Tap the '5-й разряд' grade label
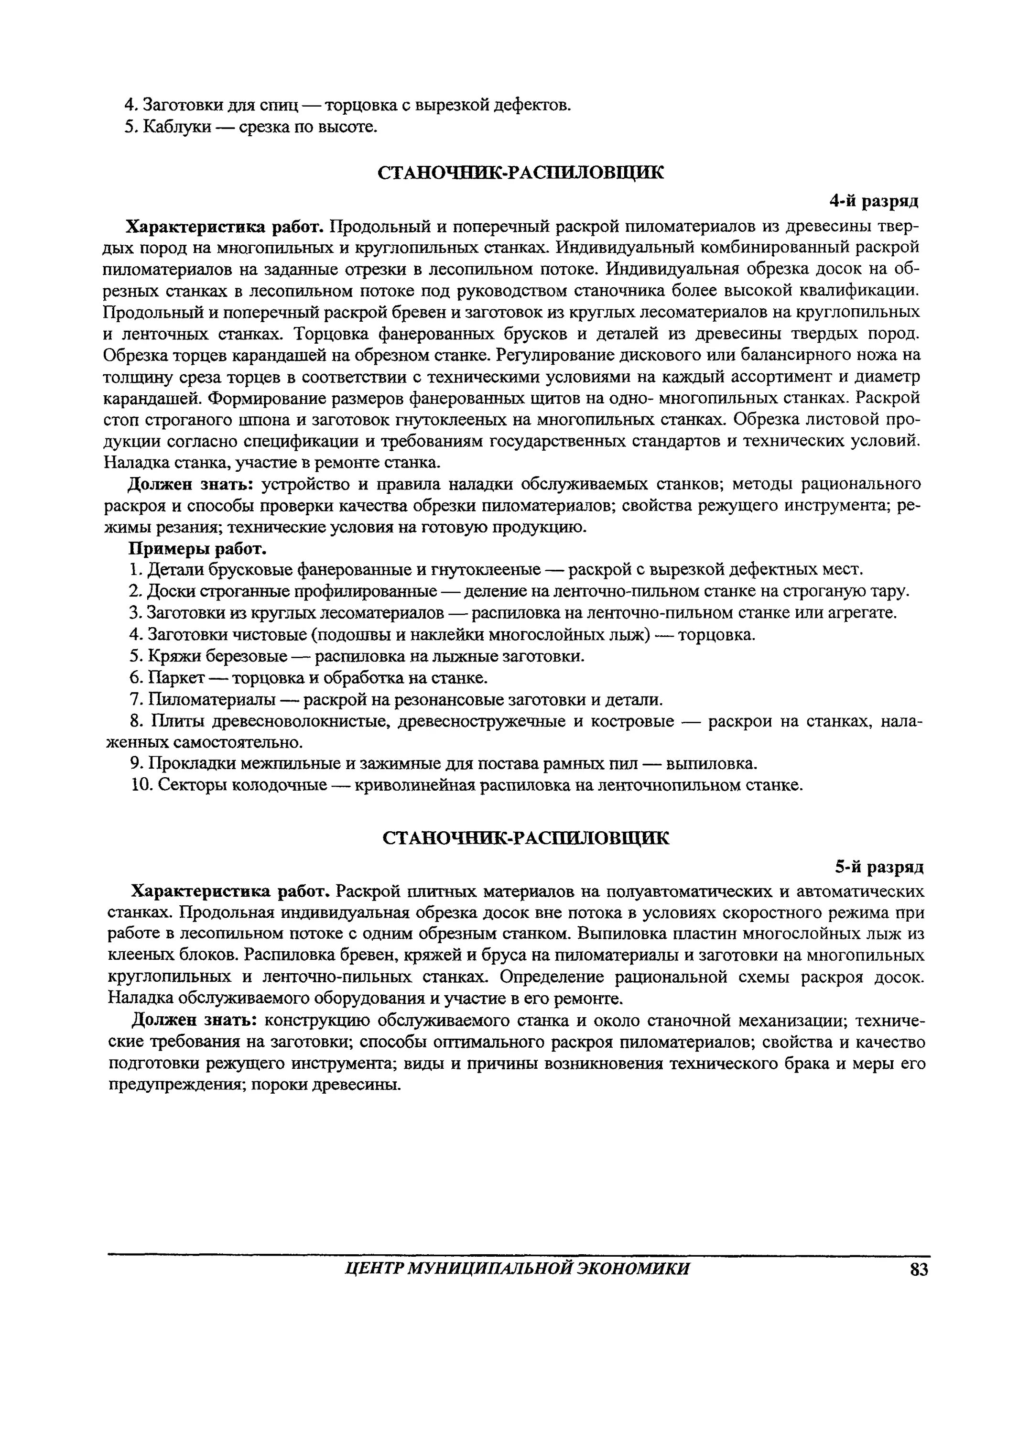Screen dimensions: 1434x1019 [x=879, y=867]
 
